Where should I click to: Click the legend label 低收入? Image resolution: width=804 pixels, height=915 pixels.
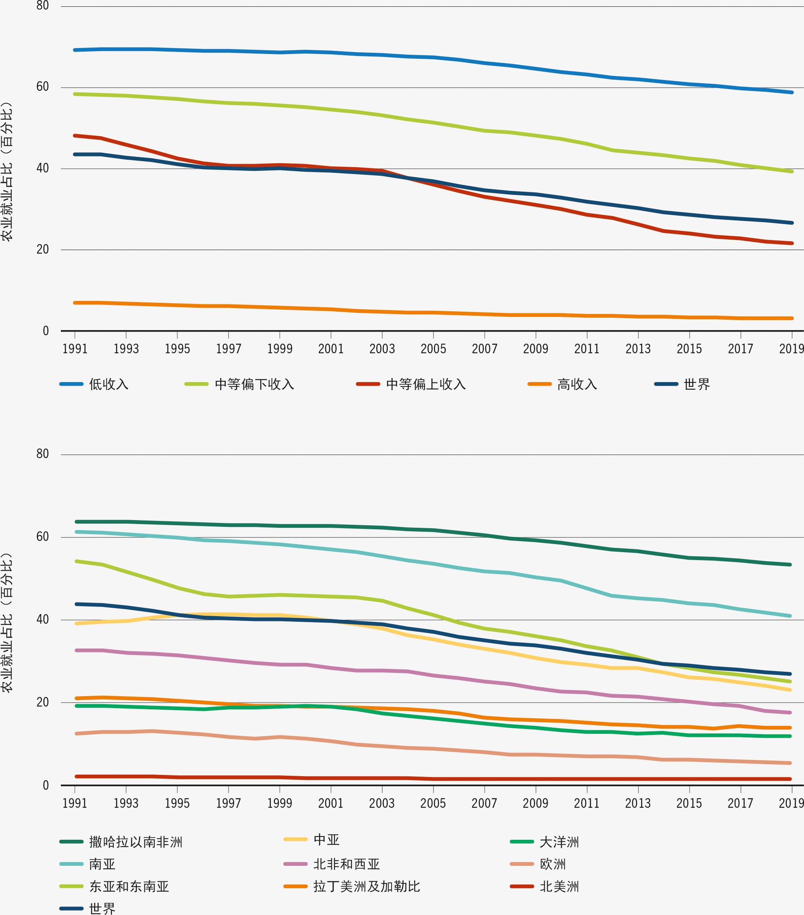[109, 384]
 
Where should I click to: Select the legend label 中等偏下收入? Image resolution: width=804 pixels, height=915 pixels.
[254, 384]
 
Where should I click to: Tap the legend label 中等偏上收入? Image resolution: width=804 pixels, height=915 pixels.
[426, 384]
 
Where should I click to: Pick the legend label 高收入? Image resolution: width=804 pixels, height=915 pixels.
[577, 384]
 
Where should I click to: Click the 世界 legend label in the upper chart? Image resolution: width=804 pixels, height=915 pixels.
[697, 384]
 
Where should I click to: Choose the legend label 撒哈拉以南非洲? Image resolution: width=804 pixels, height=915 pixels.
[136, 842]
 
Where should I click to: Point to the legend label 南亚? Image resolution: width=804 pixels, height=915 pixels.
[102, 864]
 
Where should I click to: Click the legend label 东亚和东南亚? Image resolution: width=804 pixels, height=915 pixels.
[129, 886]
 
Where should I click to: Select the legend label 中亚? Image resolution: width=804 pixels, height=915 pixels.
[326, 840]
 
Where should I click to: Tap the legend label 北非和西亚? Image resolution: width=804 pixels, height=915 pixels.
[347, 864]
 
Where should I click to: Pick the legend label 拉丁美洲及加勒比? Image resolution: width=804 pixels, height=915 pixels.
[367, 886]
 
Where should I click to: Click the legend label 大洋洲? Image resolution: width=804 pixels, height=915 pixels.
[559, 842]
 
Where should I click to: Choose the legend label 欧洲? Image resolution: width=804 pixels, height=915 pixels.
[553, 864]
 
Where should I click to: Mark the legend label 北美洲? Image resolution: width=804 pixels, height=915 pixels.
[559, 886]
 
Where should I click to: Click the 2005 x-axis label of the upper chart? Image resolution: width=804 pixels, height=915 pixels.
[433, 349]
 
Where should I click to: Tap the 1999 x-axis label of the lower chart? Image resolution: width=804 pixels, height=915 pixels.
[279, 803]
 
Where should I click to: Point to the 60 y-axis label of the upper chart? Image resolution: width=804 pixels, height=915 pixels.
[42, 87]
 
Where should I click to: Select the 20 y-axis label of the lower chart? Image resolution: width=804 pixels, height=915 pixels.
[42, 703]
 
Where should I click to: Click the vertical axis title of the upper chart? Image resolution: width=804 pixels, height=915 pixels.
[7, 172]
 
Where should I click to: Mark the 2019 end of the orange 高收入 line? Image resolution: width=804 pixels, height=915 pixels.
[792, 318]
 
